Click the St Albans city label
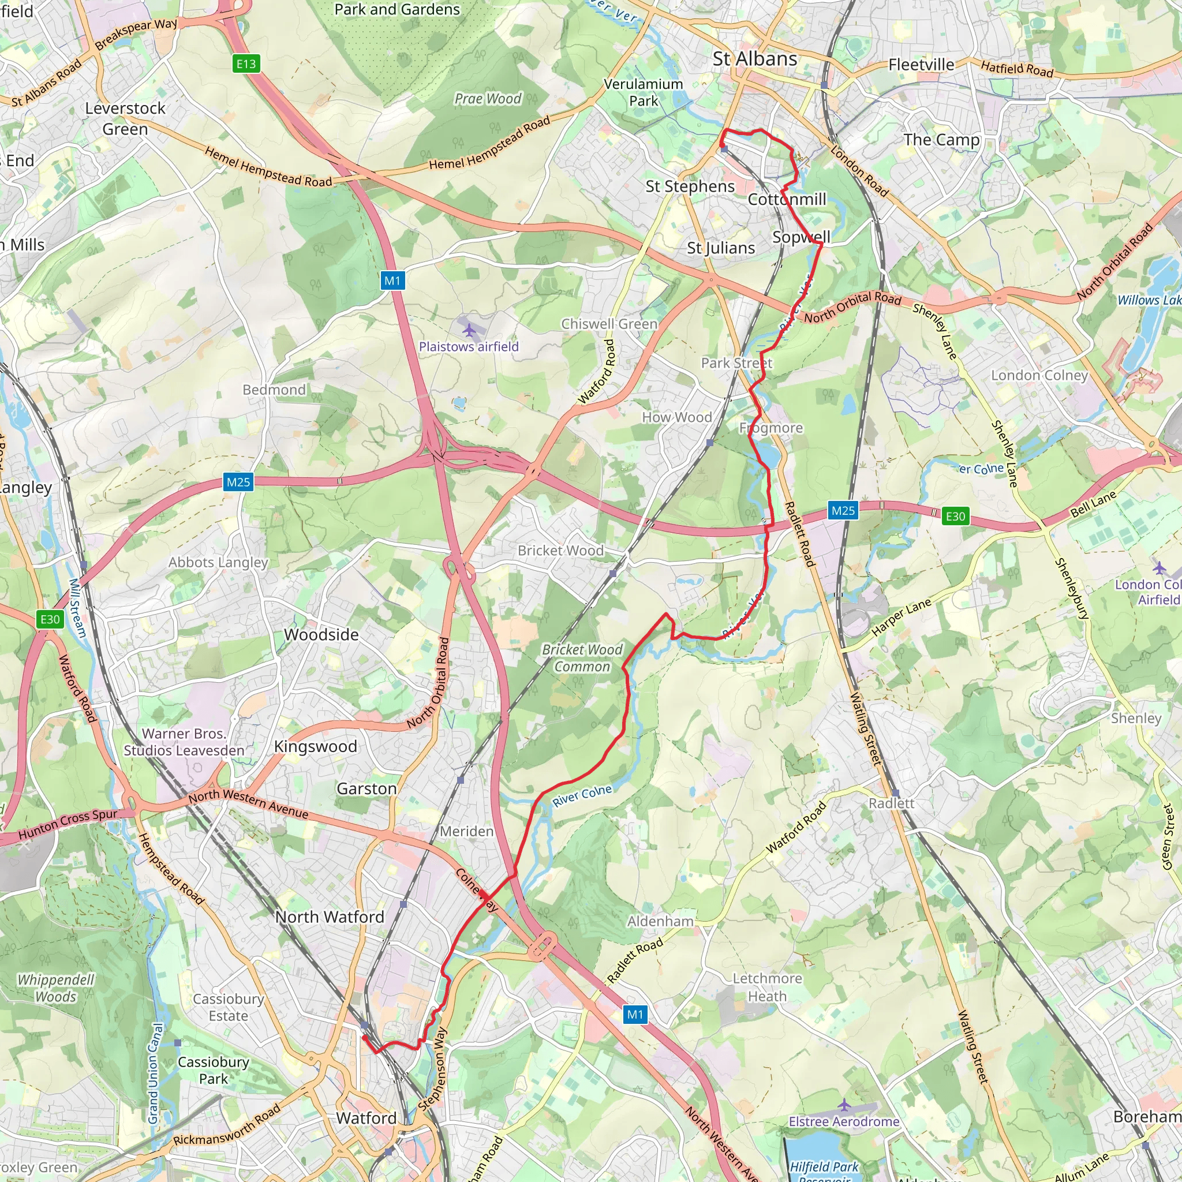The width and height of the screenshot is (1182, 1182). tap(754, 59)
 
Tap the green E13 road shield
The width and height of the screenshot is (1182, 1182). tap(246, 63)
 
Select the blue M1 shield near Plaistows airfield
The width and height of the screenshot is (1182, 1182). tap(392, 281)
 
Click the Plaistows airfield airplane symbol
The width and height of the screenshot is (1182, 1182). tap(469, 330)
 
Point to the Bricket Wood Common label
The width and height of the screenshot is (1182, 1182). tap(582, 658)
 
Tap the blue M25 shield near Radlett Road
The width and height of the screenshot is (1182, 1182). tap(843, 510)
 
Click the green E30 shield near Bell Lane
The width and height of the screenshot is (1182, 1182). tap(955, 516)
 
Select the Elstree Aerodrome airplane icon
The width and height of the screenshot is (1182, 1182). tap(844, 1104)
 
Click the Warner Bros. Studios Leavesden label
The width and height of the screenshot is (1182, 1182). tap(184, 742)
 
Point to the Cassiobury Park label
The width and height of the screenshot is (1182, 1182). tap(213, 1070)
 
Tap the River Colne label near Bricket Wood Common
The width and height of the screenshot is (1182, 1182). tap(582, 795)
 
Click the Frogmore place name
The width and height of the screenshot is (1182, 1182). tap(771, 428)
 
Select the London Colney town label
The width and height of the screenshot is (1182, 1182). tap(1039, 375)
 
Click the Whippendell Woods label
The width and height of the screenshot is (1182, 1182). tap(55, 988)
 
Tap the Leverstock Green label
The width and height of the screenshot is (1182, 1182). tap(125, 119)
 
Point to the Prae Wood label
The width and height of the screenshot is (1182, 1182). tap(488, 99)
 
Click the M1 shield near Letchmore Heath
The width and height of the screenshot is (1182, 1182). tap(635, 1015)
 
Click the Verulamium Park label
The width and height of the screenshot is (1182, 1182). tap(643, 92)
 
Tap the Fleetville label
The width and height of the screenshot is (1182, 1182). tap(921, 65)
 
